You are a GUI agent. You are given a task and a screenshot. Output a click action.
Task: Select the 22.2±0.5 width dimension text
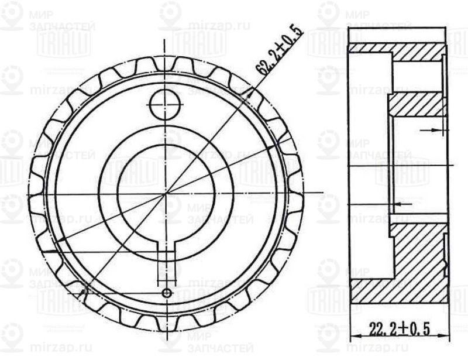click(x=400, y=329)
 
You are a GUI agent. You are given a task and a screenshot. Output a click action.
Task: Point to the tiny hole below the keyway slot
click(x=168, y=292)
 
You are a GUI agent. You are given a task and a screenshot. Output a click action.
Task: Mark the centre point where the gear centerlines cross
click(x=166, y=193)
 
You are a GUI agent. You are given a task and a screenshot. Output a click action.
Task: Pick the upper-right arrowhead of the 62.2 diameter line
click(x=253, y=90)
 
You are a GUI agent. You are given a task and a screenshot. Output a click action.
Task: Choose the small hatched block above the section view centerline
click(x=417, y=105)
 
